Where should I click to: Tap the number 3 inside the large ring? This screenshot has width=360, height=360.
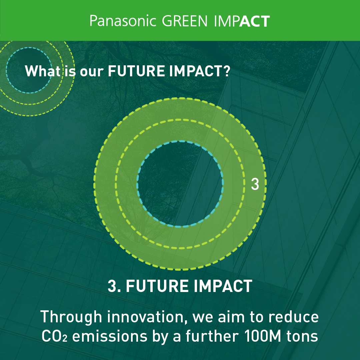(255, 184)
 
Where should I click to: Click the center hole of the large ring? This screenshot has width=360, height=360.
(180, 184)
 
